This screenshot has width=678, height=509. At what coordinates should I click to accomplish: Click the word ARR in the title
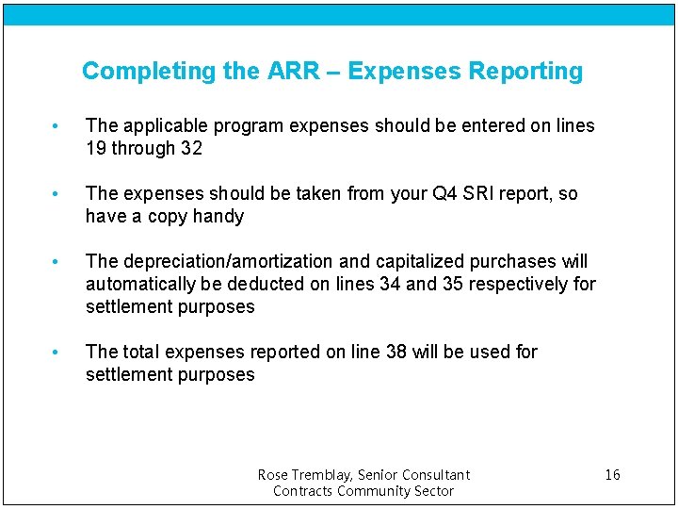coord(292,72)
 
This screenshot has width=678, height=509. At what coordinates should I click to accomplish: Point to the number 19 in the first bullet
coord(96,149)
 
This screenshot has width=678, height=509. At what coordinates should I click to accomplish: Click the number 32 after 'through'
coord(192,149)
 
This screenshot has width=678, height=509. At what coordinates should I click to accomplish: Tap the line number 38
coord(396,353)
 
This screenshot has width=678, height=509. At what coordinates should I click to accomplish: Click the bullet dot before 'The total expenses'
coord(57,353)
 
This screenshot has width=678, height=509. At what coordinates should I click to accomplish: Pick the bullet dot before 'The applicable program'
coord(57,126)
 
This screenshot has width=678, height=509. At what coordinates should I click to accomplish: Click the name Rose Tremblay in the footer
coord(302,475)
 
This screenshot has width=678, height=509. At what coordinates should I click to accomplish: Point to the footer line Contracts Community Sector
coord(363,491)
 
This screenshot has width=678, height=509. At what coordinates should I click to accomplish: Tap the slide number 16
coord(612,475)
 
